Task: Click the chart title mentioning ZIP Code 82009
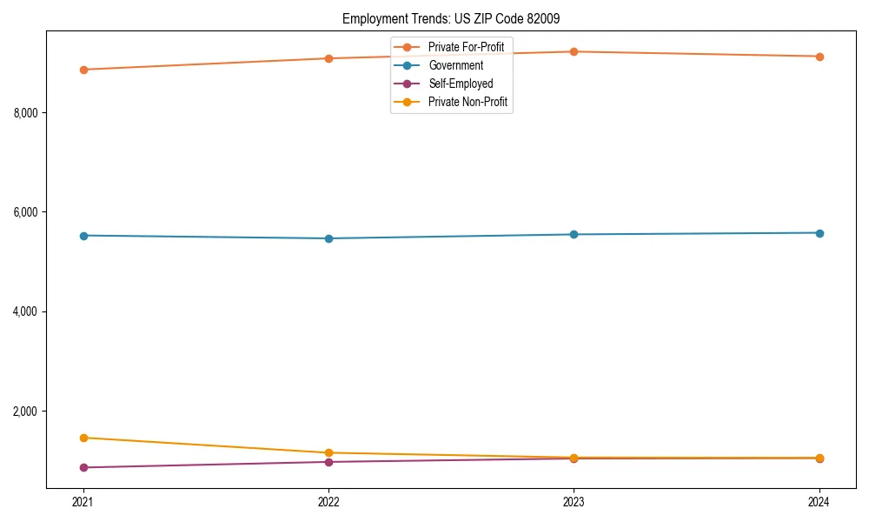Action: (x=457, y=18)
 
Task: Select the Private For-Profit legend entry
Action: (x=466, y=46)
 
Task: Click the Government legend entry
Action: (x=455, y=65)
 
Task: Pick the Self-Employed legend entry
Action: (x=461, y=84)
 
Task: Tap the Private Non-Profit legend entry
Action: (x=468, y=103)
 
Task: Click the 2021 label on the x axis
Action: (x=83, y=501)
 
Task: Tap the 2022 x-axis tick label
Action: (x=328, y=501)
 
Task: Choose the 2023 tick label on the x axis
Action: (x=574, y=501)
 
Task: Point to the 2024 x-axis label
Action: (x=819, y=501)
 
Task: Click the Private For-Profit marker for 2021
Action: (x=83, y=70)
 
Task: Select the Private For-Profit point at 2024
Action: (x=819, y=57)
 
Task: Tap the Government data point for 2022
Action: (x=328, y=238)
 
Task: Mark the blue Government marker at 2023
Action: (x=574, y=234)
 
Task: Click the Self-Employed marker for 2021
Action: (x=83, y=467)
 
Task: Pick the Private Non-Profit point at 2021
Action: (x=83, y=438)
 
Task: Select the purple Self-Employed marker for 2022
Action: (x=328, y=462)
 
